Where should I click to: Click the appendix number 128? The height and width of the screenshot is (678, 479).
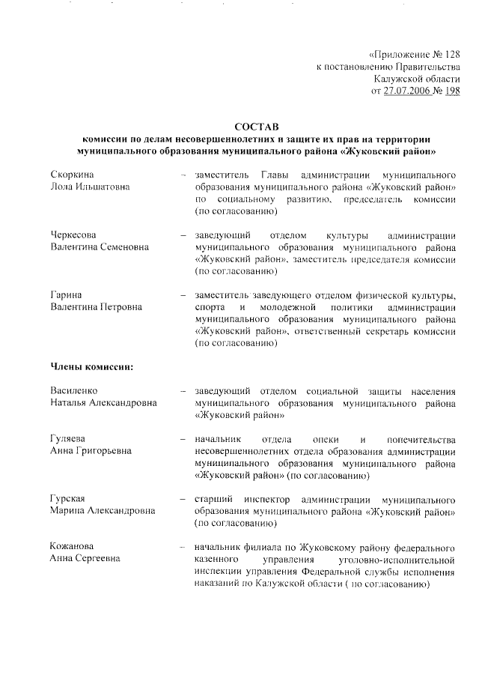[x=451, y=54]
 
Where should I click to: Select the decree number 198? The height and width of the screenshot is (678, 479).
[x=451, y=91]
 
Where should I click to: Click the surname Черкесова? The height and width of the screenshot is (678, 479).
[x=73, y=234]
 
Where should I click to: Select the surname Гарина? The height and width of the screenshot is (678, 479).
[x=65, y=295]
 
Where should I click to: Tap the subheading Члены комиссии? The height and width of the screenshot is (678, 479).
[x=91, y=367]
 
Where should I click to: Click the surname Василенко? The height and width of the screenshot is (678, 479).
[x=74, y=390]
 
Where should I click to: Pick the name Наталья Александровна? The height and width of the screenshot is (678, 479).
[x=103, y=403]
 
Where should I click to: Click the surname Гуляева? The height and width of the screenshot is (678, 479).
[x=68, y=438]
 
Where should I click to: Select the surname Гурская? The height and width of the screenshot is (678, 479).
[x=67, y=498]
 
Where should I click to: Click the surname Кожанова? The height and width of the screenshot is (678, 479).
[x=72, y=546]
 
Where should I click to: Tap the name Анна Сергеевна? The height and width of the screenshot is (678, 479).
[x=85, y=559]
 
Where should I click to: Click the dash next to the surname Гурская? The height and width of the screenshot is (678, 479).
[x=183, y=498]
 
